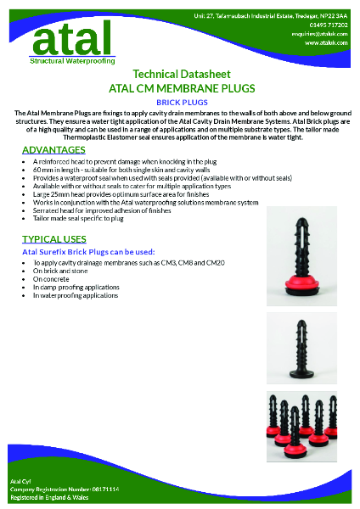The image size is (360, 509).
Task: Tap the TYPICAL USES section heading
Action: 54,240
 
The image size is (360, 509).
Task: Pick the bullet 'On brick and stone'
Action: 56,271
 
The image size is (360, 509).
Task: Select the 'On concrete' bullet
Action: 48,279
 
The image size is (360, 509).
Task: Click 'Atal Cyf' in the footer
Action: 20,481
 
